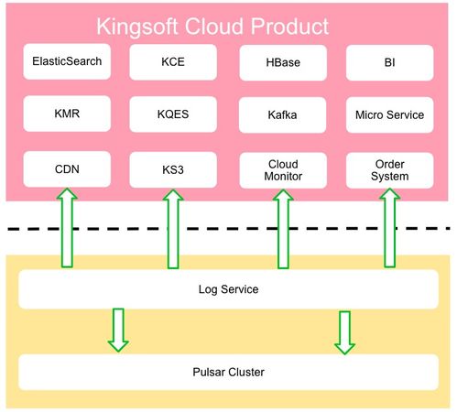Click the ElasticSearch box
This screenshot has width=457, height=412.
tap(67, 61)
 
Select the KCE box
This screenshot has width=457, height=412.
tap(173, 62)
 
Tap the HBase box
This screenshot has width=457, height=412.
tap(283, 62)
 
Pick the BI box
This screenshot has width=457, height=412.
tap(390, 62)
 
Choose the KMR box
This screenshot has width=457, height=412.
tap(67, 114)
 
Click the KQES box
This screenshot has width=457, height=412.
tap(173, 114)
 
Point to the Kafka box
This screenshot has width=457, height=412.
tap(282, 114)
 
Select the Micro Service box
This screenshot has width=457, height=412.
tap(390, 114)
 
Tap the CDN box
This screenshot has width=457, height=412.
tap(67, 169)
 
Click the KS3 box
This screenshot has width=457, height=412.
tap(173, 169)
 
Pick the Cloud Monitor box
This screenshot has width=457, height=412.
tap(283, 170)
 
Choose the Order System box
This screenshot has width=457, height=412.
tap(390, 170)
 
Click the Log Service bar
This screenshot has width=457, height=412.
tap(228, 289)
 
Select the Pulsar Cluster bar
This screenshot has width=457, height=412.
tap(228, 372)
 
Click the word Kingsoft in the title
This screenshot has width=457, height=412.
tap(137, 27)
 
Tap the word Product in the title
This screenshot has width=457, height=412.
tap(290, 27)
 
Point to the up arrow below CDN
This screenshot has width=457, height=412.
tap(67, 228)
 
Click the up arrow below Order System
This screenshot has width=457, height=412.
tap(390, 228)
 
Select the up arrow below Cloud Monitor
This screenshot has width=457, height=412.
tap(283, 229)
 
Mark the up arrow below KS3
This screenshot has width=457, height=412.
tap(173, 229)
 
